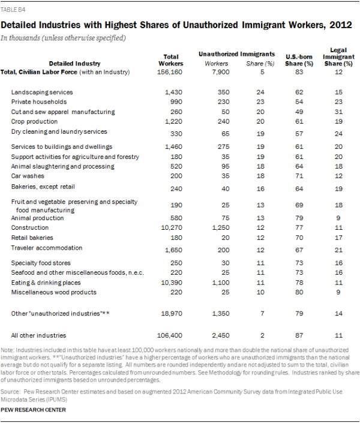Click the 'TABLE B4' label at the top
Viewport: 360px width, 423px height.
click(13, 10)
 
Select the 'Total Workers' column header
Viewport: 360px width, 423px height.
click(171, 60)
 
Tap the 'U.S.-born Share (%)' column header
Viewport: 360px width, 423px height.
click(299, 60)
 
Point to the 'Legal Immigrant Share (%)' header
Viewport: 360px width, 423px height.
click(338, 57)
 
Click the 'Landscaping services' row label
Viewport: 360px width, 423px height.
click(42, 92)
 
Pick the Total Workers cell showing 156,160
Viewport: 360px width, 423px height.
click(170, 72)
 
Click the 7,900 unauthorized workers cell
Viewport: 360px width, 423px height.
click(221, 72)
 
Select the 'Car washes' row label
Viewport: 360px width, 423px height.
click(28, 176)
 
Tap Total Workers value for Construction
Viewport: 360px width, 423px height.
click(172, 227)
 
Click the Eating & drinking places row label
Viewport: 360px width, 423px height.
click(46, 283)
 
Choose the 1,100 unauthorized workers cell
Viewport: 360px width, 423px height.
click(221, 283)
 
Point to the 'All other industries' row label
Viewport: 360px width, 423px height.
click(38, 335)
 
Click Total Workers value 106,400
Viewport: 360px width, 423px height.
click(170, 335)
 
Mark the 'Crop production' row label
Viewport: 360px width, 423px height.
click(34, 121)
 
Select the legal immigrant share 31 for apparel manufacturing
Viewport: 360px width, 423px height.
click(338, 112)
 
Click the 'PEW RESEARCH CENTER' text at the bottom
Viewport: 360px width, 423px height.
click(33, 410)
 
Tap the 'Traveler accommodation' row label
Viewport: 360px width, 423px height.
click(47, 248)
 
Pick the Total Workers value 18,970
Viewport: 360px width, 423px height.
click(172, 313)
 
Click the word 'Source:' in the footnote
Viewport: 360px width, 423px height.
click(10, 392)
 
